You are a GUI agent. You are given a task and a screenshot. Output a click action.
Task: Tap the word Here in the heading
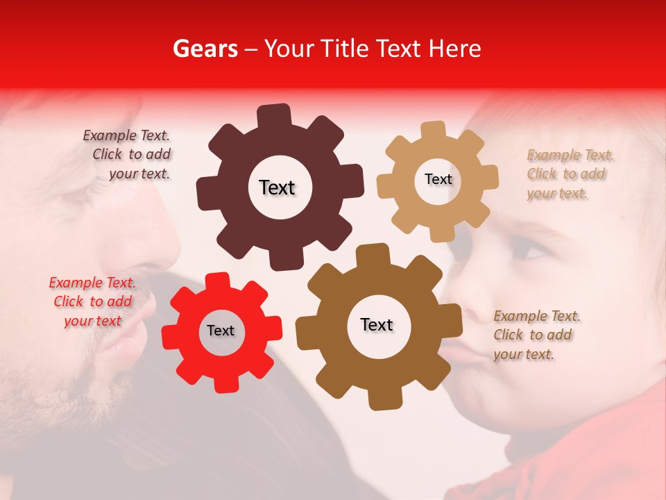(x=455, y=49)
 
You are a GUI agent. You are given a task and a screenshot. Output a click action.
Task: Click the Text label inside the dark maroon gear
(x=277, y=187)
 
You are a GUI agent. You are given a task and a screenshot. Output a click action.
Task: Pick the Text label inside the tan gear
(x=438, y=179)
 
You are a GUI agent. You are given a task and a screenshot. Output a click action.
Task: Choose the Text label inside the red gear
(x=221, y=331)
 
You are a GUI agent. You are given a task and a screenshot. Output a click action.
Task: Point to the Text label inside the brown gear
(x=377, y=324)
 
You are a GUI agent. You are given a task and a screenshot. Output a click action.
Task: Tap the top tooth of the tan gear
(x=434, y=131)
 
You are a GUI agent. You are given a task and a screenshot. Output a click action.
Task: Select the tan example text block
(x=567, y=174)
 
